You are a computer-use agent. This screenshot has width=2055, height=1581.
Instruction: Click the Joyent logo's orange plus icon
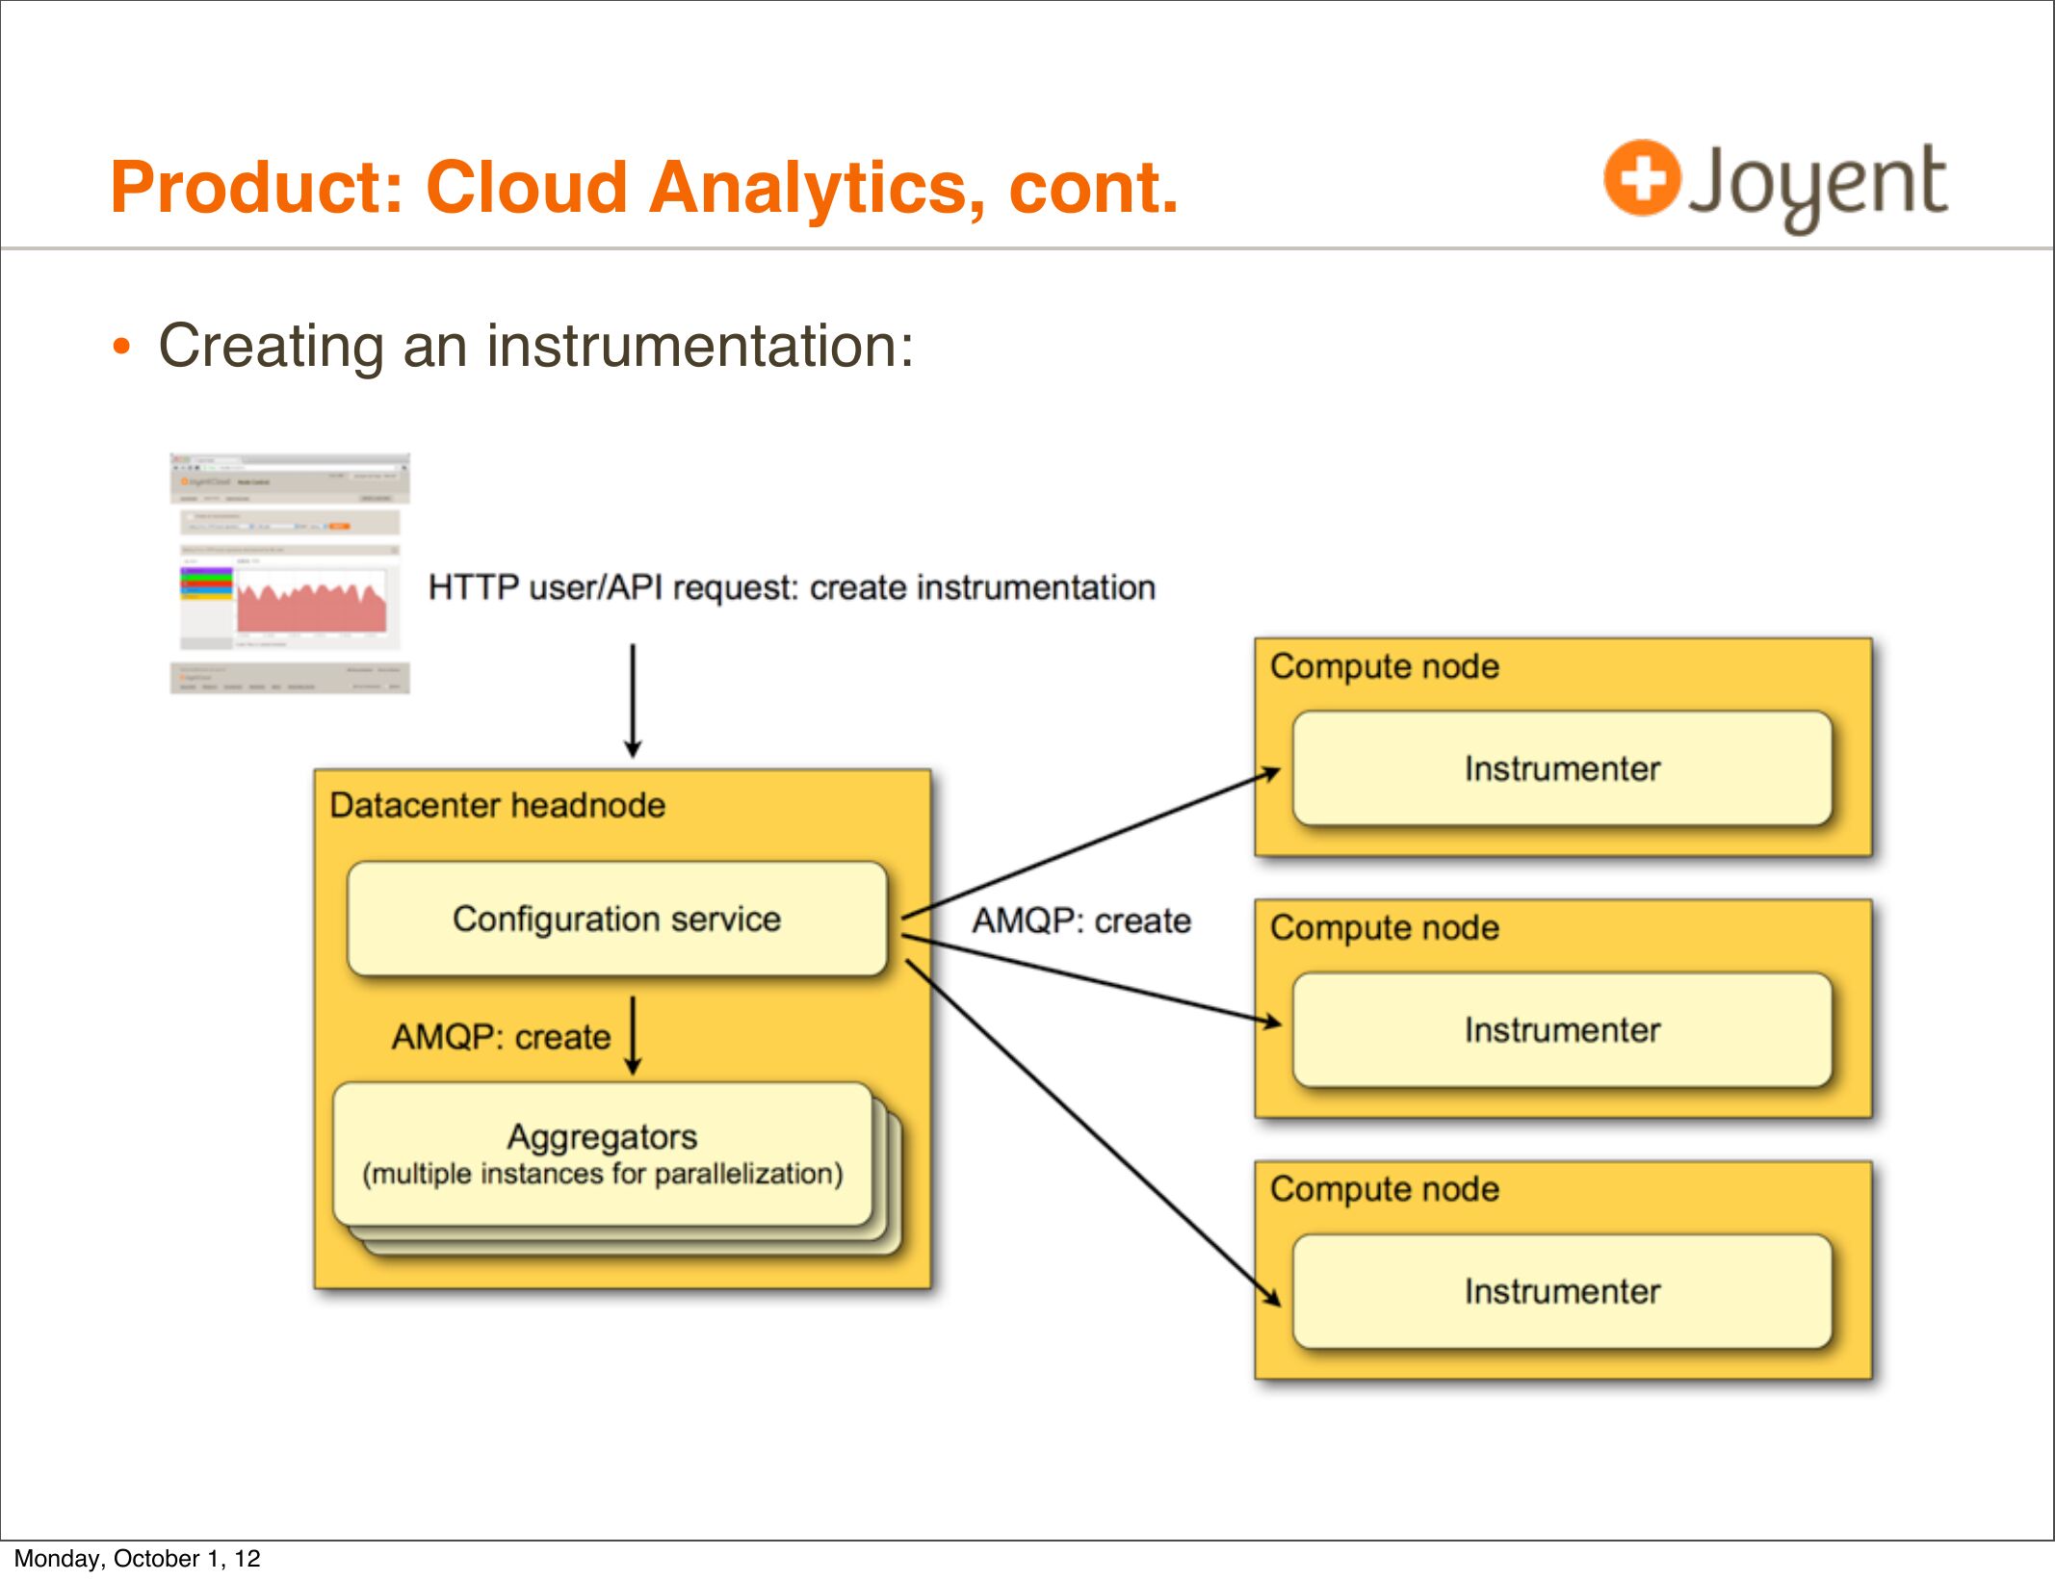(x=1641, y=178)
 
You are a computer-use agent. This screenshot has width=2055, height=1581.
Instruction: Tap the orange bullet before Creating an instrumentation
(x=120, y=347)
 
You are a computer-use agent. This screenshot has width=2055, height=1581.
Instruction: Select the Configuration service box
(x=616, y=919)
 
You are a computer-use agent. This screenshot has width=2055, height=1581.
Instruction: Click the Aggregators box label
(x=602, y=1137)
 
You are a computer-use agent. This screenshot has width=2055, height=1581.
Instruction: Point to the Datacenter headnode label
(x=497, y=805)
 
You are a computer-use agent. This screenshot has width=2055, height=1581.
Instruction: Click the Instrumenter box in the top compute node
(x=1561, y=768)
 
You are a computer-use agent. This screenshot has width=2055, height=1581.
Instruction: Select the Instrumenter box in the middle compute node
(x=1561, y=1030)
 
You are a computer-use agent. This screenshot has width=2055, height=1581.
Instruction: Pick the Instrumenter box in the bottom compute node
(x=1561, y=1291)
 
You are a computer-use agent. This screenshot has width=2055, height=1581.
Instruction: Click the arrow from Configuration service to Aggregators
(x=633, y=1035)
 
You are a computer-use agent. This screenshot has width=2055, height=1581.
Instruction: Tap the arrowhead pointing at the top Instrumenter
(x=1272, y=772)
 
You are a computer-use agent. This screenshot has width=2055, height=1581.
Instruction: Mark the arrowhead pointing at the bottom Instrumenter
(x=1273, y=1298)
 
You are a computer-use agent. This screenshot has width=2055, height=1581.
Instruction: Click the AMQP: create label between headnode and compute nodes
(x=1080, y=921)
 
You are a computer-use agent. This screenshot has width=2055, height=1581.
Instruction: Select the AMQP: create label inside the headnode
(x=501, y=1037)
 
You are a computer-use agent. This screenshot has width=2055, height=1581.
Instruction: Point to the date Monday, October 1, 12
(x=137, y=1558)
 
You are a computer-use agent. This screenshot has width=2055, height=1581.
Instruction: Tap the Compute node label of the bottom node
(x=1384, y=1189)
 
